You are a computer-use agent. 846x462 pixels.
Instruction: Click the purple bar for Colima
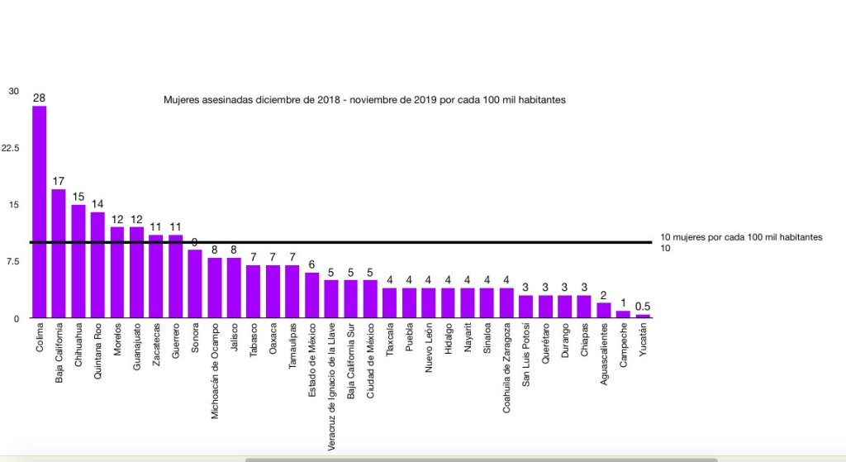click(39, 212)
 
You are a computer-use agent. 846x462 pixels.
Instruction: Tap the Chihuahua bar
click(78, 261)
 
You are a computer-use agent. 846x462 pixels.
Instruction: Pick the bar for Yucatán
click(643, 317)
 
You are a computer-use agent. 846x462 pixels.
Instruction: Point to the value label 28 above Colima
click(39, 98)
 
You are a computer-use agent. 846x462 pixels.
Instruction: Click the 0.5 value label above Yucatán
click(643, 307)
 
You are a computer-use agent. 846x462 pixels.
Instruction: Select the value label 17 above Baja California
click(59, 182)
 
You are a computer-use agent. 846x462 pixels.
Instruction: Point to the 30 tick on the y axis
click(13, 91)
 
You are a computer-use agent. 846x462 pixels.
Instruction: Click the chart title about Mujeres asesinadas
click(365, 99)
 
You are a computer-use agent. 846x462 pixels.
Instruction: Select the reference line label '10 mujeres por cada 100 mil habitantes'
click(741, 237)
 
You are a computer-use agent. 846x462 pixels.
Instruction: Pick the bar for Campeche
click(624, 314)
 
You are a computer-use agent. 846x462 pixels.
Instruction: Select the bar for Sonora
click(195, 283)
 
